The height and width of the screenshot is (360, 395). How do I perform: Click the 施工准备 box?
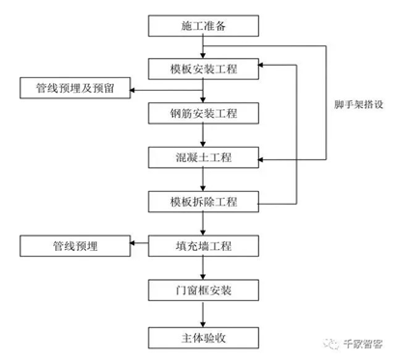coord(203,26)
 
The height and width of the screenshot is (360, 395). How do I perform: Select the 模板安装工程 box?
coord(203,69)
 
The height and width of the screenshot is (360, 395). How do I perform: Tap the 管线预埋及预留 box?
coord(75,88)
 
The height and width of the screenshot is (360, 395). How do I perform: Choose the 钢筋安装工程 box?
coord(203,113)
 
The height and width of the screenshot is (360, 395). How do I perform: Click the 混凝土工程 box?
coord(203,157)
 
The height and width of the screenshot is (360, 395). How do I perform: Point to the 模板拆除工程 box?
coord(203,202)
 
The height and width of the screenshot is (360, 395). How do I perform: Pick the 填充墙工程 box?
coord(203,246)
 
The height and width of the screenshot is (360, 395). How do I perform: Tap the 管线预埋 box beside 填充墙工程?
coord(75,246)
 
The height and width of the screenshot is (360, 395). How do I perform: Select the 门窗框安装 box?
coord(203,291)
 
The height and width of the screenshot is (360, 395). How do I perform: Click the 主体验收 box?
coord(203,338)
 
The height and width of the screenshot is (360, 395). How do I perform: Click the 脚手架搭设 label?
coord(358,104)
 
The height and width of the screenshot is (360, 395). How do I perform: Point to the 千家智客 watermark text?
coord(363,344)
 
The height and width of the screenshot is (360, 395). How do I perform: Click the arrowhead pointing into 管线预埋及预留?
coord(132,90)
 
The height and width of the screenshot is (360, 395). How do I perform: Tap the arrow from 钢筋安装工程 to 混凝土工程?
coord(203,135)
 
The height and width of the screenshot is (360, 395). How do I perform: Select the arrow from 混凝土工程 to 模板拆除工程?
coord(203,180)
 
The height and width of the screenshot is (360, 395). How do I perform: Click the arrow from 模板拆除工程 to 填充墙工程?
coord(203,224)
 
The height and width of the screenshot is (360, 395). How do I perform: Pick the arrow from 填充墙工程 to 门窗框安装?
coord(203,268)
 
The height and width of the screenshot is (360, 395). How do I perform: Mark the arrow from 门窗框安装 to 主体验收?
coord(203,314)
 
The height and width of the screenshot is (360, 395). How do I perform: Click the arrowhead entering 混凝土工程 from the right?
coord(261,159)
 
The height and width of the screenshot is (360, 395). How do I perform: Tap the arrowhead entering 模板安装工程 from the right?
coord(261,65)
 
